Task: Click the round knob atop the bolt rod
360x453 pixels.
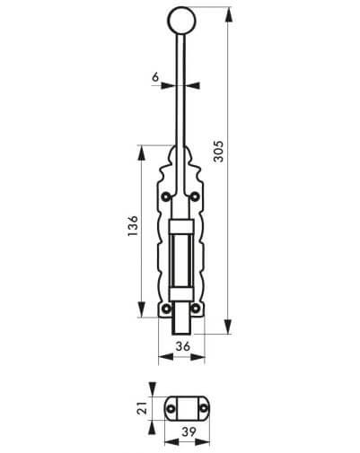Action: coord(181,21)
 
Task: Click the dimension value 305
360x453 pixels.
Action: coord(219,152)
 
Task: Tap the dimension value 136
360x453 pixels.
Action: coord(133,226)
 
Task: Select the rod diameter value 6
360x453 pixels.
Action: coord(155,77)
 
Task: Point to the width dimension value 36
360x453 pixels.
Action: coord(182,346)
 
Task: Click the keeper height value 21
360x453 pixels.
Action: coord(143,408)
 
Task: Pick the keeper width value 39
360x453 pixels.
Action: coord(189,431)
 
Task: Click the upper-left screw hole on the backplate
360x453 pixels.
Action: coord(165,196)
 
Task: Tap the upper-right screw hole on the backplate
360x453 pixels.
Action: coord(195,196)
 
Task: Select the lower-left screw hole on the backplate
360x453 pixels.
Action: coord(166,308)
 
